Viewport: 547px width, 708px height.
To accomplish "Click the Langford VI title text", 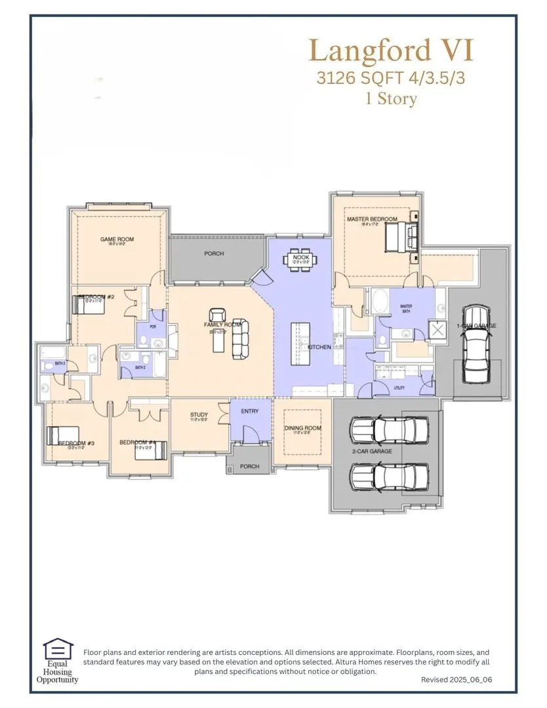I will tap(391, 51).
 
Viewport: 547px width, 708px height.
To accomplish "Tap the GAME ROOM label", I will tap(117, 240).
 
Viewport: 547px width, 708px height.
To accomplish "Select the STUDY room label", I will tap(199, 415).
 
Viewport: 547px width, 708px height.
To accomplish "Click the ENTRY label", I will tap(250, 412).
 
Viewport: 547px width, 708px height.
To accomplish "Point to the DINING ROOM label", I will tap(302, 429).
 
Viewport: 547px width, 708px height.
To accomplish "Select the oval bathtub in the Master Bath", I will tap(379, 303).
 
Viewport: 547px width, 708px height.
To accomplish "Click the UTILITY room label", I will tap(399, 387).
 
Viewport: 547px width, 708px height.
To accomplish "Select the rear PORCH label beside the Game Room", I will tap(214, 254).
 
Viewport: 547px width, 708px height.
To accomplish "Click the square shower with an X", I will tap(437, 329).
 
